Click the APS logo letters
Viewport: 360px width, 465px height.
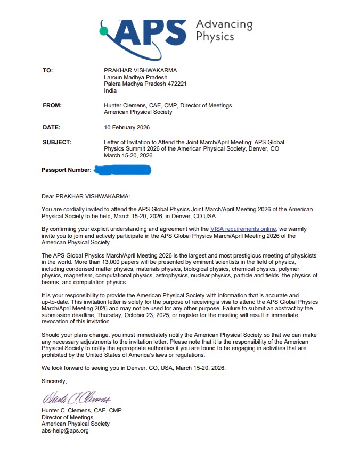(x=150, y=33)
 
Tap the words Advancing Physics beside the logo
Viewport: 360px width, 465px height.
(x=223, y=30)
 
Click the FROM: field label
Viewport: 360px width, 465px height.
(x=52, y=105)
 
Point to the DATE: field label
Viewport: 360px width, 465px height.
(x=52, y=127)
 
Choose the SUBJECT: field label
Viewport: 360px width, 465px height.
(x=57, y=142)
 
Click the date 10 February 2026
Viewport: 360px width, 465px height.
(x=127, y=127)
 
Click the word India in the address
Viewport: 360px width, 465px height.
(x=110, y=90)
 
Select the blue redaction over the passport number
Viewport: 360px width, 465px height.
(x=122, y=170)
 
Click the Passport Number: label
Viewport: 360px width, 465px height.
(x=66, y=170)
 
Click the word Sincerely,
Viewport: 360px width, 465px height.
(x=54, y=381)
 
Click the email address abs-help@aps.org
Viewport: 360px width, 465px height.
(x=65, y=430)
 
